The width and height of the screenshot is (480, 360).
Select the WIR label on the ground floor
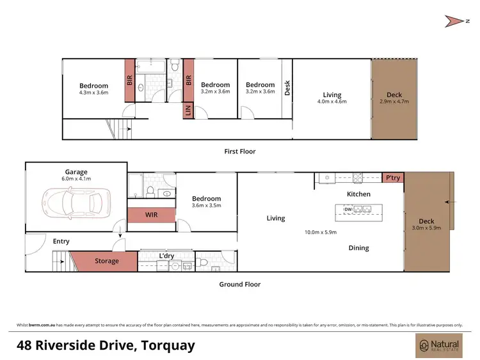click(151, 215)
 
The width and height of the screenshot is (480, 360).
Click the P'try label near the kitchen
click(392, 178)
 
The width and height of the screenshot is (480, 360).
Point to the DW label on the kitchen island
click(348, 209)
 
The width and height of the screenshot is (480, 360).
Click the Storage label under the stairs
click(107, 261)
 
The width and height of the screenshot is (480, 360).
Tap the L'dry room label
click(166, 256)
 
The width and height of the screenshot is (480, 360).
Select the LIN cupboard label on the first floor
click(189, 111)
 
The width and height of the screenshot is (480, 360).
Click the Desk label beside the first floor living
click(287, 87)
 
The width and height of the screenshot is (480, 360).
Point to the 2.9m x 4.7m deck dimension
click(394, 102)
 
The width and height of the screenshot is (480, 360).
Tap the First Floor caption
click(239, 152)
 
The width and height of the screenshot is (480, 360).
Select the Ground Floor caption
click(239, 285)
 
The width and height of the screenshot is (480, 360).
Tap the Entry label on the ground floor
click(61, 241)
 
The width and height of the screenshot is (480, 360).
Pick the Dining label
click(358, 248)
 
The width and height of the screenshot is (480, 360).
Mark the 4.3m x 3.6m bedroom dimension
click(93, 92)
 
